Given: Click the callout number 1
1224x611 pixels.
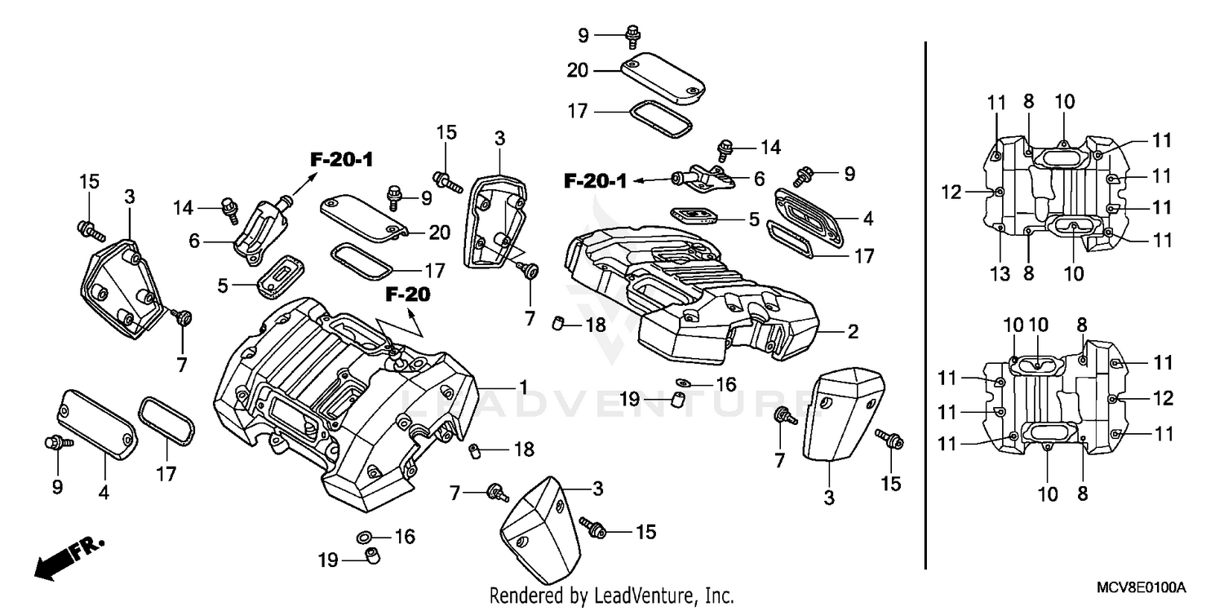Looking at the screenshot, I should coord(523,386).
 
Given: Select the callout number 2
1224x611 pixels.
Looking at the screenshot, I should coord(852,332).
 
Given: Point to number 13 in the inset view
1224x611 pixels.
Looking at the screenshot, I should coord(1000,274).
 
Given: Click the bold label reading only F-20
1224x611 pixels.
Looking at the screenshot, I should coord(408,294).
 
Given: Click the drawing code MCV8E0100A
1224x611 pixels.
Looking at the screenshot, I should coord(1140,588).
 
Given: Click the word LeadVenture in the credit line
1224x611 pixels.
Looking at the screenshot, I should coord(645,596).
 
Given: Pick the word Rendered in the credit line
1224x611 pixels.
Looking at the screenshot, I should coord(523,596).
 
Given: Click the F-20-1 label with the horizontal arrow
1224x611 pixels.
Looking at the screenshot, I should coord(595,181).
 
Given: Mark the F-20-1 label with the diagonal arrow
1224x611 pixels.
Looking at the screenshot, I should coord(341,160).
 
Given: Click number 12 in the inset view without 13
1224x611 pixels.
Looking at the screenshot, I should coord(1163,398).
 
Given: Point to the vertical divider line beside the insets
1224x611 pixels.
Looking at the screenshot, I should coord(925,302).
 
